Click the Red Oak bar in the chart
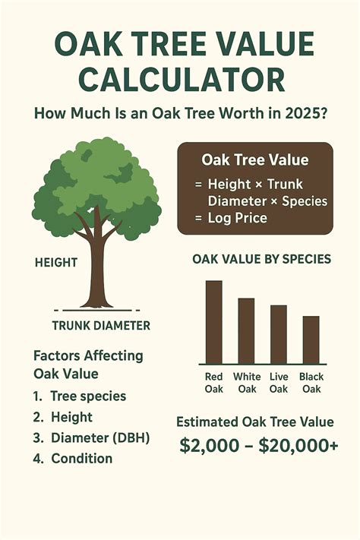[214, 322]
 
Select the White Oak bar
[246, 331]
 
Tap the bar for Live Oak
[279, 334]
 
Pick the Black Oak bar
[311, 339]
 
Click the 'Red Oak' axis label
[214, 382]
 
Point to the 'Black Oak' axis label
[311, 382]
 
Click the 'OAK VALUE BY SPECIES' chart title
[261, 259]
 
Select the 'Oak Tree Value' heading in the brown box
[245, 160]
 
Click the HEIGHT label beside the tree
[56, 262]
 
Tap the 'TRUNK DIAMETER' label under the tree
[101, 326]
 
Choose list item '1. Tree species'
[81, 396]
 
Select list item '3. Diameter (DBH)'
[91, 437]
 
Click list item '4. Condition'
[74, 458]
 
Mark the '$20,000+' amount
[298, 446]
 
